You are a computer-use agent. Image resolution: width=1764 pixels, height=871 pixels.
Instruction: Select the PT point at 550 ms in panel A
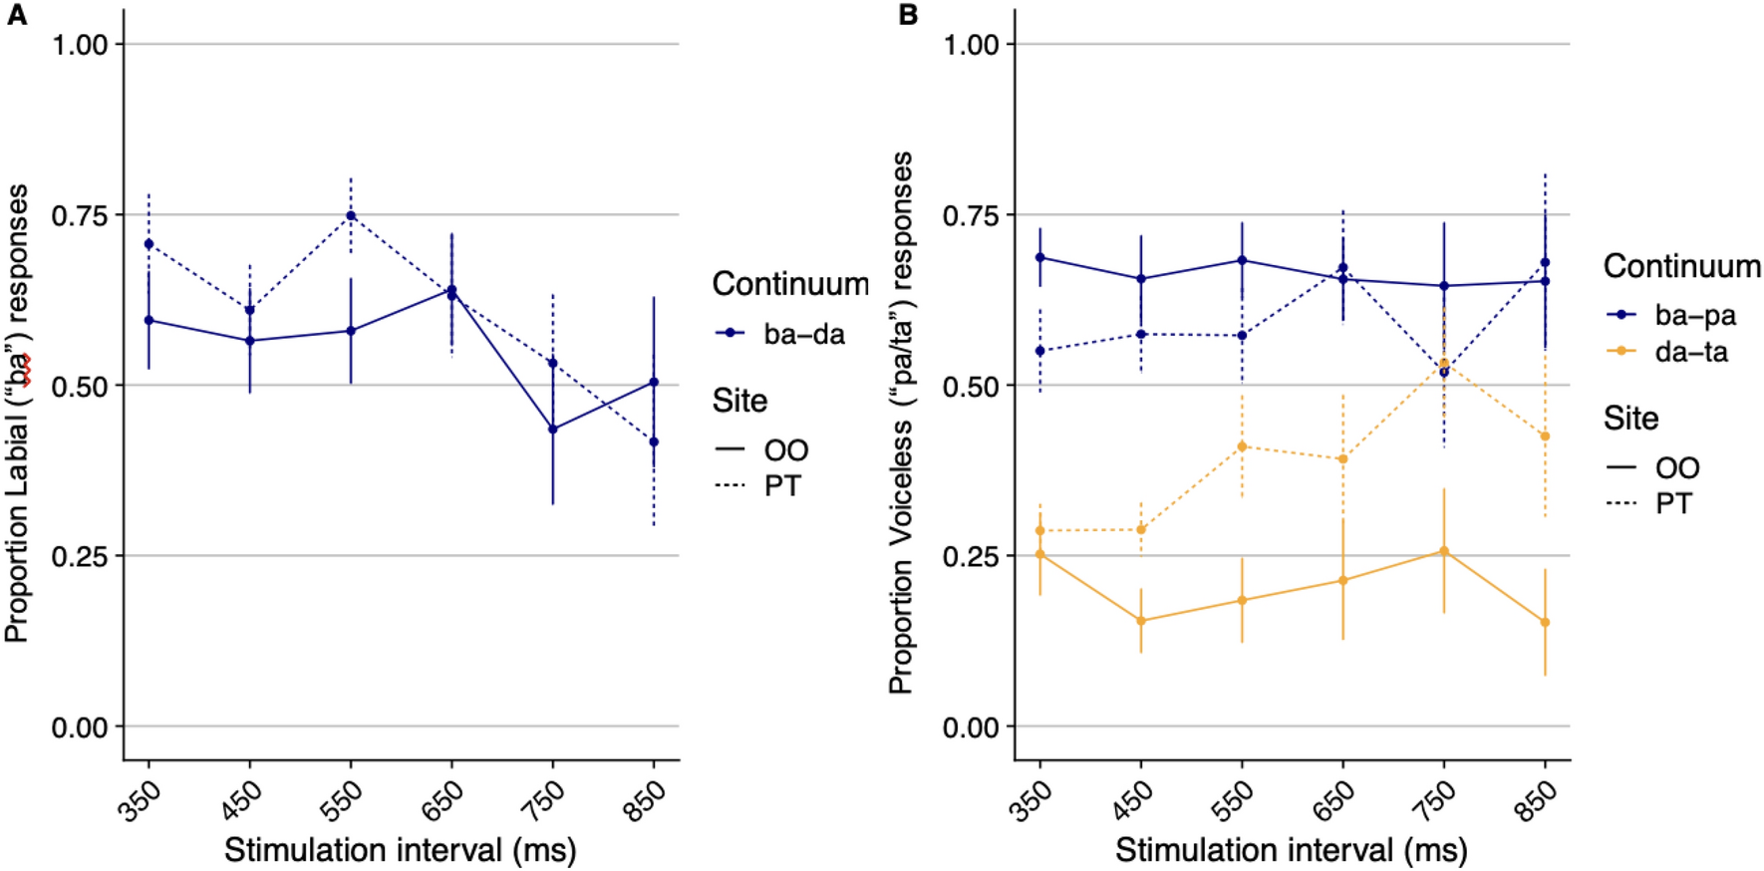coord(351,215)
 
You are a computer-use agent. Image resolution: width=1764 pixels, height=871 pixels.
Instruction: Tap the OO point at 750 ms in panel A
coord(552,429)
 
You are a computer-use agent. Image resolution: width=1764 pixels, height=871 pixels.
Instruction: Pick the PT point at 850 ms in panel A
coord(654,441)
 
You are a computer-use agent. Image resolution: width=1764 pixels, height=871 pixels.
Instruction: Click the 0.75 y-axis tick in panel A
coord(80,215)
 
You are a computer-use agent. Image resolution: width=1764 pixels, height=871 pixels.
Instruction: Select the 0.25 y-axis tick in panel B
coord(971,556)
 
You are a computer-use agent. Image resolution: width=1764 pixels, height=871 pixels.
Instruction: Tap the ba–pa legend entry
coord(1671,315)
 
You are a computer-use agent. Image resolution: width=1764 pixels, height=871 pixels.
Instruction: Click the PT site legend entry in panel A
coord(760,486)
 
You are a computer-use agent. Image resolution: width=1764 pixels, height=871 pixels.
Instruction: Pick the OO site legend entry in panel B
coord(1652,467)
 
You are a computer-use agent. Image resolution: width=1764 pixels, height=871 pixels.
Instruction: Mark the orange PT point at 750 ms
coord(1443,364)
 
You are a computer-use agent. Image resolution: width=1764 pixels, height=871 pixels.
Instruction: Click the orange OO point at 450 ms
coord(1141,621)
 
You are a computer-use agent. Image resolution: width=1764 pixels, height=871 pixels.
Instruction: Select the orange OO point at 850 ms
coord(1545,622)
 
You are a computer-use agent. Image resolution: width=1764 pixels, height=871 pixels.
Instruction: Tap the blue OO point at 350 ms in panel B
coord(1040,257)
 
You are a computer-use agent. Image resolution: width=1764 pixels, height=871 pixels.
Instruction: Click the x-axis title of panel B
coord(1291,850)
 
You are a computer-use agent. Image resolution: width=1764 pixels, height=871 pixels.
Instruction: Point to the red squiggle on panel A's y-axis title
coord(27,369)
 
